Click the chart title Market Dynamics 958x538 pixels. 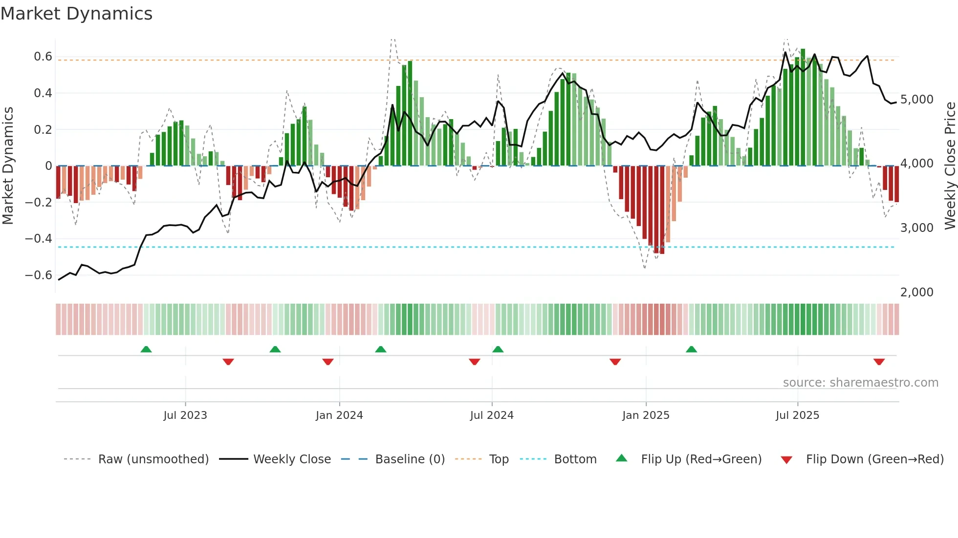click(x=76, y=14)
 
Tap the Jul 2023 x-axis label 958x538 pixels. click(x=185, y=415)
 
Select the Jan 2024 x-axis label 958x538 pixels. click(x=339, y=415)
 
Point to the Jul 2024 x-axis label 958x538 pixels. click(x=492, y=415)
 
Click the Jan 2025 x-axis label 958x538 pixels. click(x=646, y=415)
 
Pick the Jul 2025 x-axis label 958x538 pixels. click(x=797, y=415)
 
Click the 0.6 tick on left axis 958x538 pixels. click(x=43, y=57)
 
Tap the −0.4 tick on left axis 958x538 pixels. click(x=39, y=239)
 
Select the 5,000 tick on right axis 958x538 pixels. click(x=916, y=100)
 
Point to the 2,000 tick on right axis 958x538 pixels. click(x=916, y=292)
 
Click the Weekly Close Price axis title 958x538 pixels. click(x=950, y=166)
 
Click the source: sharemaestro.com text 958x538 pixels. click(x=860, y=383)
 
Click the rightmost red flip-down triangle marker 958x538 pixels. click(x=879, y=362)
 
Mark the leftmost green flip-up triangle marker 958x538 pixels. click(x=146, y=349)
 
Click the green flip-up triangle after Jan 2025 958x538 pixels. click(x=691, y=349)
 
